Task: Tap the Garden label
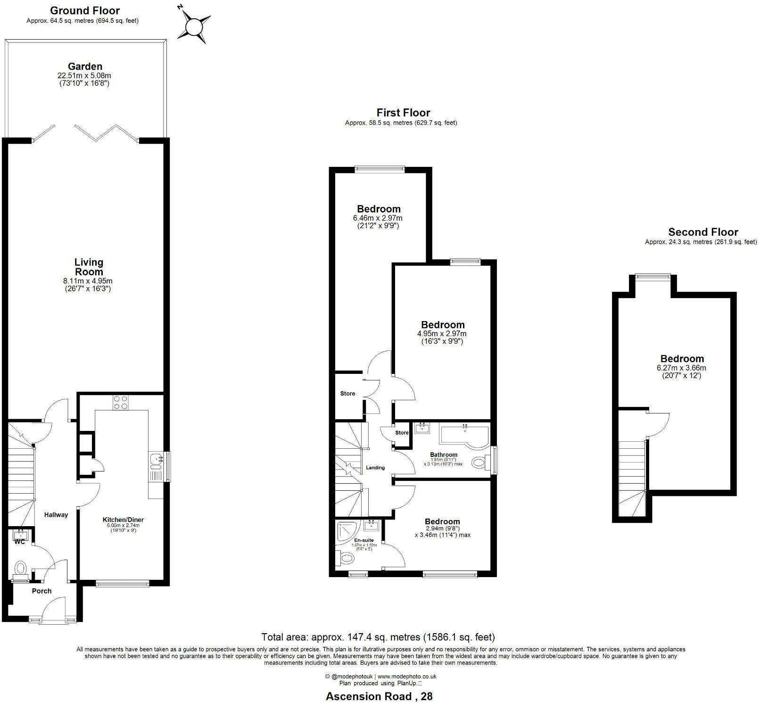(x=85, y=66)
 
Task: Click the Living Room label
(x=89, y=267)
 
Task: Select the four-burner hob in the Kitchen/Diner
(x=121, y=402)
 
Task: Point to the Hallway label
(x=56, y=515)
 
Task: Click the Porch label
(x=41, y=591)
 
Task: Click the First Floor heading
(x=403, y=113)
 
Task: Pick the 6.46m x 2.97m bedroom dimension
(x=378, y=218)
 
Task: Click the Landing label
(x=375, y=468)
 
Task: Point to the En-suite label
(x=364, y=540)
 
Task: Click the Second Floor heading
(x=703, y=232)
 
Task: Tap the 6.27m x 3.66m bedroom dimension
(x=681, y=368)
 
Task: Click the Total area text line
(x=378, y=637)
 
